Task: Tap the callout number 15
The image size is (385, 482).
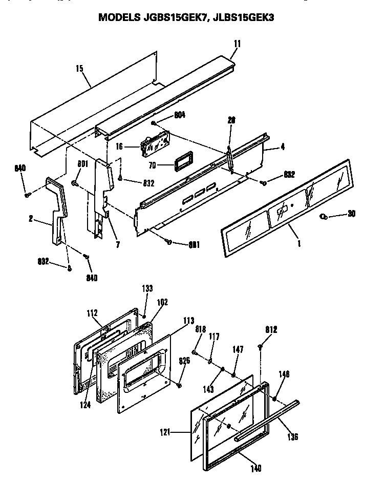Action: coord(80,68)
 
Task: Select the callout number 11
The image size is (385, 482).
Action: coord(236,44)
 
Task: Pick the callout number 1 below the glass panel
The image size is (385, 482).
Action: coord(298,244)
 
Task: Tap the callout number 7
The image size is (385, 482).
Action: coord(117,245)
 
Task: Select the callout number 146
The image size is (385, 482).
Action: coord(284,374)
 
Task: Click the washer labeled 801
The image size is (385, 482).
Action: coord(75,183)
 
